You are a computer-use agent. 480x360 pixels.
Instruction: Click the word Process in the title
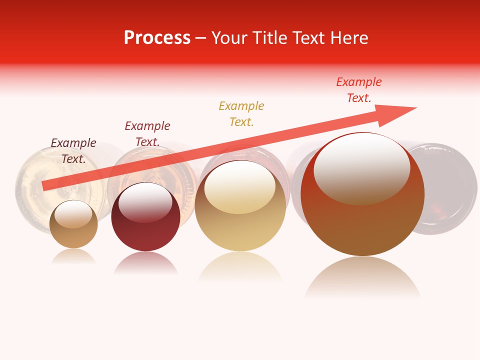coord(157,38)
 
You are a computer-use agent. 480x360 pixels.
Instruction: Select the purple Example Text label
coord(73,150)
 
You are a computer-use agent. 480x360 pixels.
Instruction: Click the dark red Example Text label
coord(147,133)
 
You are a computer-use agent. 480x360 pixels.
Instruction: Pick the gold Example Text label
coord(241,113)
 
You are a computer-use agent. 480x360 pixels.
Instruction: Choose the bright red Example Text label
coord(359,90)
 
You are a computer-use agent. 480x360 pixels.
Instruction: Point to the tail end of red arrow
coord(45,185)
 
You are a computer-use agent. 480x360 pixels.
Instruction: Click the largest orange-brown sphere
coord(362,225)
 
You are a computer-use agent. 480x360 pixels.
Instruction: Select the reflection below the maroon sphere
coord(145,262)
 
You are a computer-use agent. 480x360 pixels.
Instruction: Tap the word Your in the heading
coord(230,38)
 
